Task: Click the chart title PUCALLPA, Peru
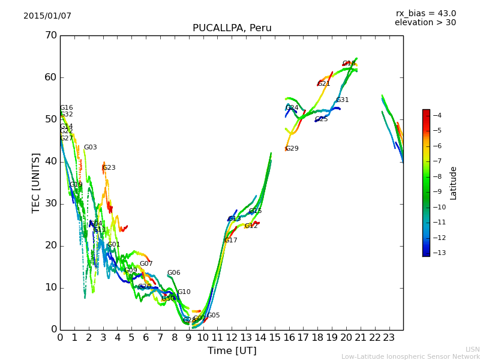[x=232, y=28]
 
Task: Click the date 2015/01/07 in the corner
[x=47, y=16]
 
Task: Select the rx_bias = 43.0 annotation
[x=425, y=14]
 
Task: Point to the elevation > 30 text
[x=425, y=23]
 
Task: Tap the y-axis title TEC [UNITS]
[x=36, y=182]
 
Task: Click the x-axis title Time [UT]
[x=232, y=351]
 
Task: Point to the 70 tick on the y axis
[x=50, y=35]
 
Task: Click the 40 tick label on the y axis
[x=50, y=161]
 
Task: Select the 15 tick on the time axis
[x=275, y=338]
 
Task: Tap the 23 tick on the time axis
[x=389, y=338]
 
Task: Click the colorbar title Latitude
[x=454, y=183]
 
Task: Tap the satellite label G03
[x=90, y=148]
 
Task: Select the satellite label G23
[x=109, y=168]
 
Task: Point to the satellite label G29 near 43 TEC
[x=292, y=149]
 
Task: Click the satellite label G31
[x=342, y=100]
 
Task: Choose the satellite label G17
[x=230, y=241]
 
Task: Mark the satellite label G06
[x=173, y=273]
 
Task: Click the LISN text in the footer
[x=472, y=349]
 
